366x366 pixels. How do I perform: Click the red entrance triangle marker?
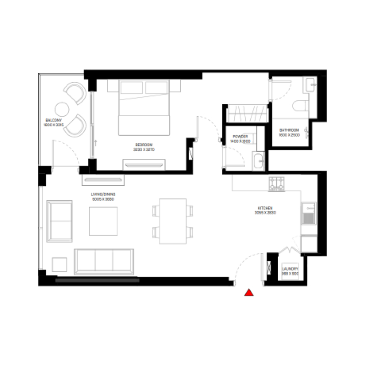pyautogui.click(x=249, y=293)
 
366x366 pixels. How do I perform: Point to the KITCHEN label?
pyautogui.click(x=264, y=210)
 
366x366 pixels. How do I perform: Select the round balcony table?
pyautogui.click(x=62, y=109)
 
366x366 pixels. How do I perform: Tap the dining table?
pyautogui.click(x=172, y=221)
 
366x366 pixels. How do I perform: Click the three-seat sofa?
pyautogui.click(x=104, y=261)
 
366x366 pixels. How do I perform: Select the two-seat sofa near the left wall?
pyautogui.click(x=60, y=221)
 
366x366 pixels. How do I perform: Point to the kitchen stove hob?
pyautogui.click(x=277, y=183)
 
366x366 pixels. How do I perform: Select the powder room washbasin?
pyautogui.click(x=257, y=161)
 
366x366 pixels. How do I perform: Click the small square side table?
pyautogui.click(x=60, y=265)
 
